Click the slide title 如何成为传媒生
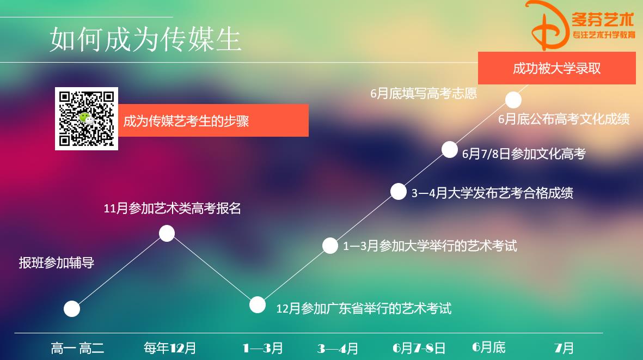click(x=145, y=40)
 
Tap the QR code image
click(x=87, y=118)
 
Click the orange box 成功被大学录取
click(x=556, y=68)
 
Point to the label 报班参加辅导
click(x=57, y=263)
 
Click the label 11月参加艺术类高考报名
click(x=172, y=208)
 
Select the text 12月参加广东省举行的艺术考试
click(x=364, y=308)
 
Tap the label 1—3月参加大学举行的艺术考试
click(x=430, y=246)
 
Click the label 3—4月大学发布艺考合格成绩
click(x=492, y=193)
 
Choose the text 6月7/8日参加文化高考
click(x=523, y=154)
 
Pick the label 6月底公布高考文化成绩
click(x=564, y=119)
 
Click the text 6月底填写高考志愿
click(x=423, y=94)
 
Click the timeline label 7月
click(x=564, y=347)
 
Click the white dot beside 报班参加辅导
click(x=72, y=309)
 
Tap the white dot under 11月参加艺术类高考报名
click(x=167, y=234)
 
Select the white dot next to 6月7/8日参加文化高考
click(x=449, y=149)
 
